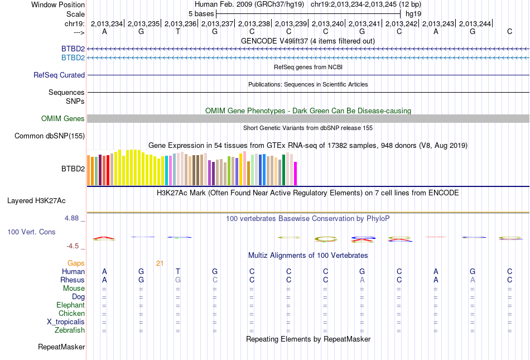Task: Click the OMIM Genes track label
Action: tap(62, 118)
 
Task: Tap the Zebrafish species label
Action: tap(69, 330)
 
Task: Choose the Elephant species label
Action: tap(70, 305)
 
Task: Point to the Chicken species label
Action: tap(71, 314)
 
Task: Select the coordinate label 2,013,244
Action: tap(474, 23)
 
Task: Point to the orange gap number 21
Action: tap(160, 263)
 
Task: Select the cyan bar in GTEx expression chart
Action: tap(167, 171)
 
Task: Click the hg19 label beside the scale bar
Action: tap(413, 13)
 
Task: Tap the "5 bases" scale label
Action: tap(201, 13)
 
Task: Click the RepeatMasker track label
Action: tap(61, 347)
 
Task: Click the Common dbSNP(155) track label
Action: tap(50, 136)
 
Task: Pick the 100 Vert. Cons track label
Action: tap(31, 231)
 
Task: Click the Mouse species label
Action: tap(74, 289)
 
